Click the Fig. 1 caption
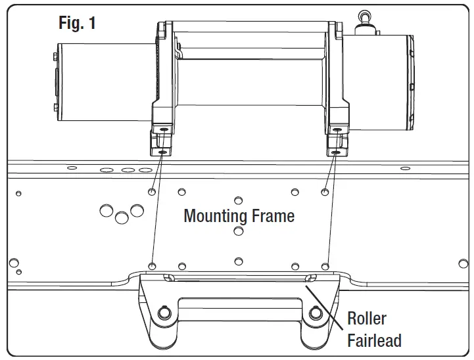pos(77,23)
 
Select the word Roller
pos(366,319)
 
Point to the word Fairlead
pos(374,340)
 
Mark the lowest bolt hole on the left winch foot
pos(162,152)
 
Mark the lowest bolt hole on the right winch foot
pos(336,152)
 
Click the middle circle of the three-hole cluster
pos(121,216)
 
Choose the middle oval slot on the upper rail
pos(128,169)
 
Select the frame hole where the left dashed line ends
pos(152,265)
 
